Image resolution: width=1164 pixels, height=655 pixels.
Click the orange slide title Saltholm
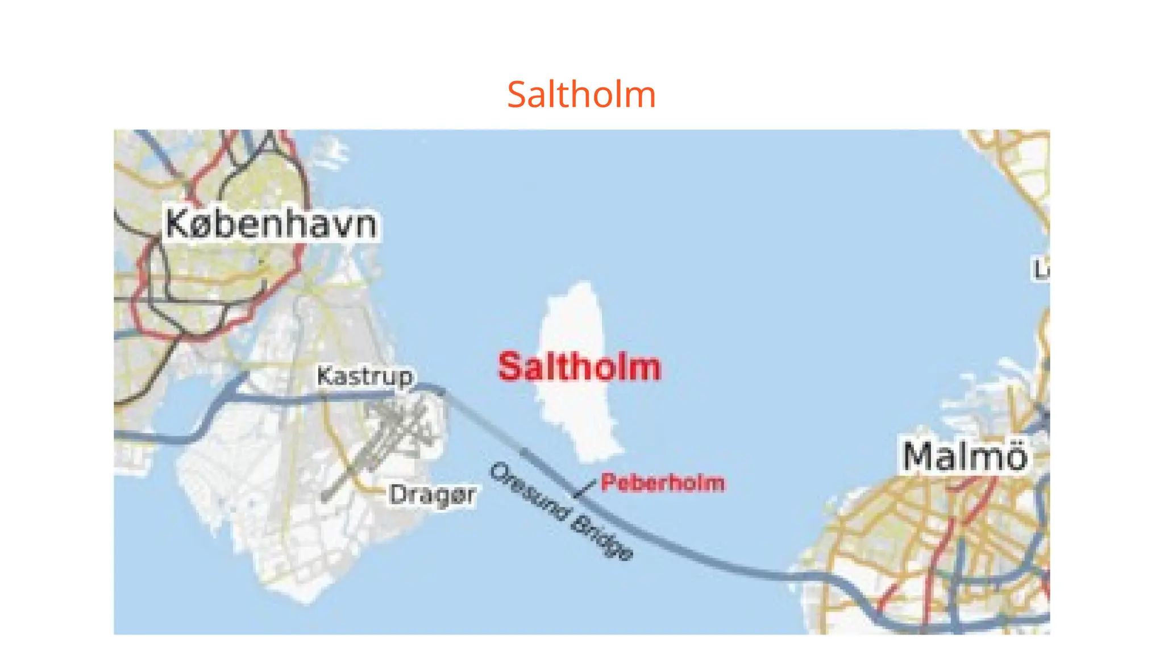tap(581, 94)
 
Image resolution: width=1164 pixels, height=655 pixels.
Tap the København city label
tap(271, 224)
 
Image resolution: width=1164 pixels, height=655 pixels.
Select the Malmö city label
tap(965, 456)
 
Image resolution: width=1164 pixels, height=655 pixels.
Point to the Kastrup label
tap(365, 376)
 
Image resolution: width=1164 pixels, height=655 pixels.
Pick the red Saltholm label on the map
tap(579, 367)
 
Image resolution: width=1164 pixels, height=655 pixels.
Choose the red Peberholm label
tap(663, 483)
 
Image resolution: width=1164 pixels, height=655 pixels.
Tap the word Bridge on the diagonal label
tap(602, 538)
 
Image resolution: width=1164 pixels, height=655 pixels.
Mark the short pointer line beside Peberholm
tap(585, 488)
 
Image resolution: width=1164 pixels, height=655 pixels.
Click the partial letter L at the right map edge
tap(1041, 270)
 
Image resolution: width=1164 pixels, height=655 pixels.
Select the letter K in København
tap(177, 223)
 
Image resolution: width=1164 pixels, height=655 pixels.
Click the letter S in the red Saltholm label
tap(510, 367)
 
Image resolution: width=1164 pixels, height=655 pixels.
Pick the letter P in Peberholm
tap(608, 483)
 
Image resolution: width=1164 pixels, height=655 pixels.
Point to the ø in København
tap(202, 226)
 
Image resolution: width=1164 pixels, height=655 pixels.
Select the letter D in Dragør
tap(398, 494)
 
